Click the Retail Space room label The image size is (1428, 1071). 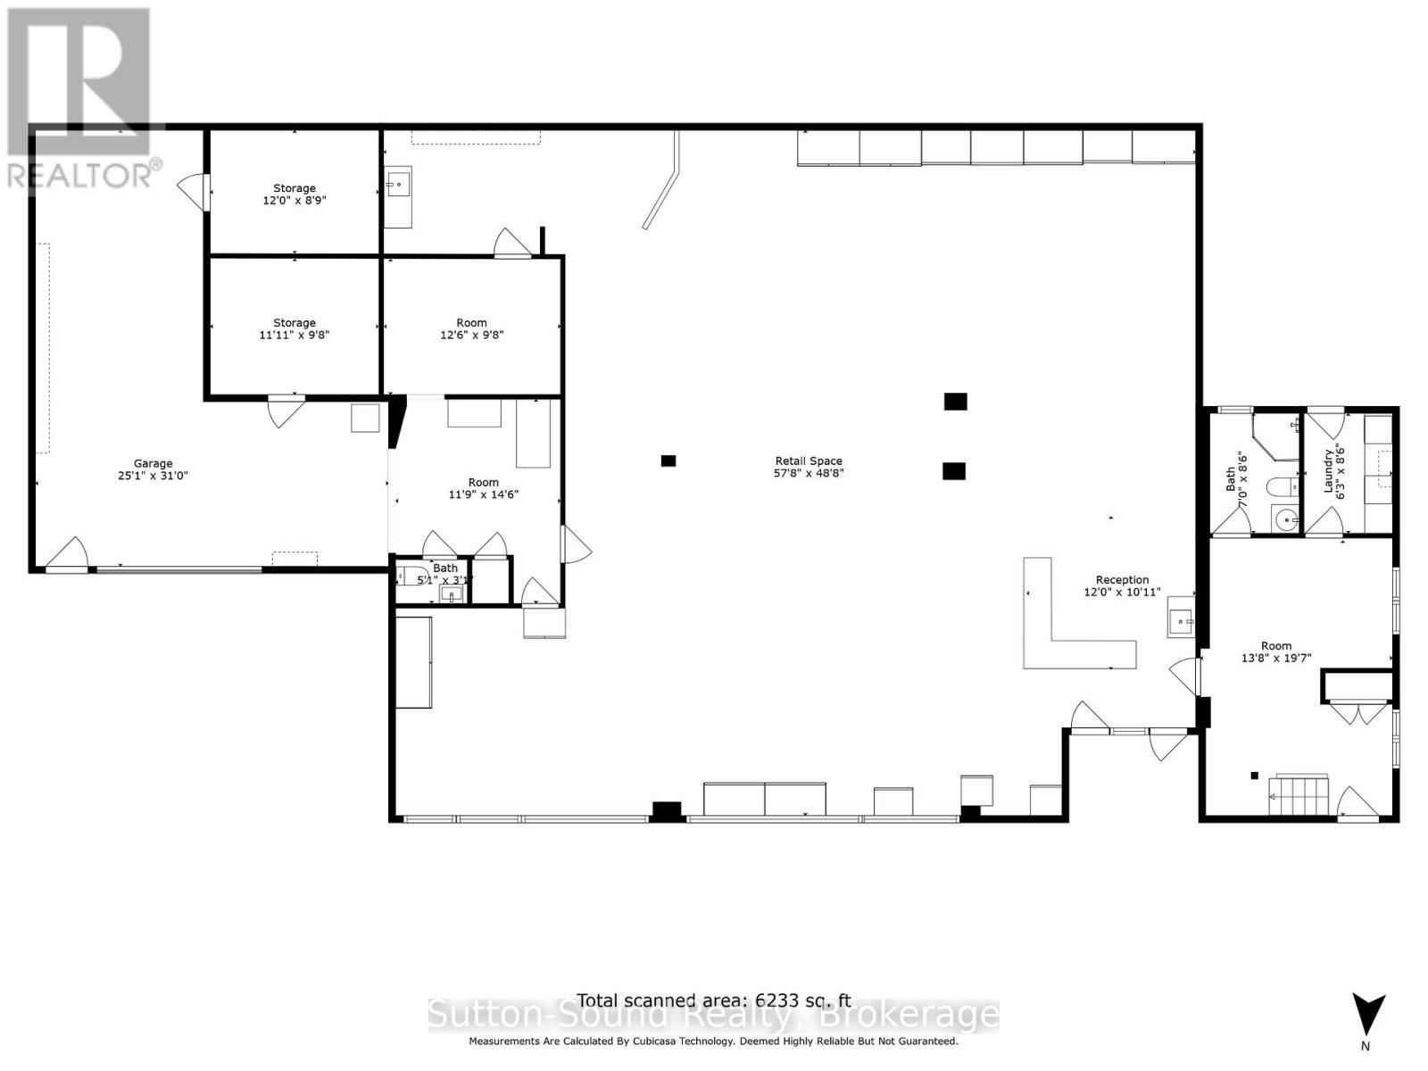pyautogui.click(x=809, y=461)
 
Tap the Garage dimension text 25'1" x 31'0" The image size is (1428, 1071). pyautogui.click(x=154, y=476)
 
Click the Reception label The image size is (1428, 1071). pyautogui.click(x=1122, y=580)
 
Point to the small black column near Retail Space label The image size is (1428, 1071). pyautogui.click(x=668, y=461)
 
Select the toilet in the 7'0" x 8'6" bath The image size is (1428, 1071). pyautogui.click(x=1282, y=487)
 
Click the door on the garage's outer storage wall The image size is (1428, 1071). pyautogui.click(x=195, y=189)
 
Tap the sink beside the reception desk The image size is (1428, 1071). pyautogui.click(x=1181, y=619)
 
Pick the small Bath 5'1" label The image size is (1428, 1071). pyautogui.click(x=445, y=568)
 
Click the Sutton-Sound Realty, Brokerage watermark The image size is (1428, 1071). pyautogui.click(x=714, y=1017)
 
